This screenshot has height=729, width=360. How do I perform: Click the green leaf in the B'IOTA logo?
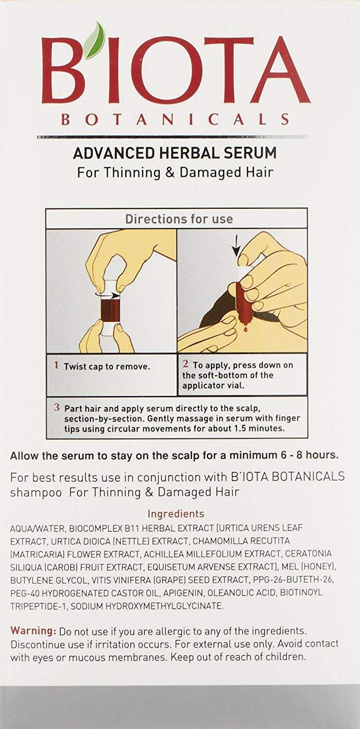[94, 41]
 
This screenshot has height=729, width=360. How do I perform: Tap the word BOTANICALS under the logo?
[175, 120]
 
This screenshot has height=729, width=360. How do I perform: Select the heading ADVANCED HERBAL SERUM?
[175, 153]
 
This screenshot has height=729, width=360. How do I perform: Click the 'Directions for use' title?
[179, 219]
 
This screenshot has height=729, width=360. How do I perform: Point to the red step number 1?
[56, 365]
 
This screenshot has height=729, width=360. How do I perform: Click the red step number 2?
[186, 364]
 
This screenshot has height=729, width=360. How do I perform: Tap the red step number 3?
[57, 407]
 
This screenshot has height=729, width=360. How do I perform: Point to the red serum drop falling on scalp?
[245, 330]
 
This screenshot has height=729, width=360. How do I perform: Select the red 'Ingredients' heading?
[176, 514]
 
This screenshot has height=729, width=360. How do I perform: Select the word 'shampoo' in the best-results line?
[36, 492]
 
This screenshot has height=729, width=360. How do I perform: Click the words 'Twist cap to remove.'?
[107, 367]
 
